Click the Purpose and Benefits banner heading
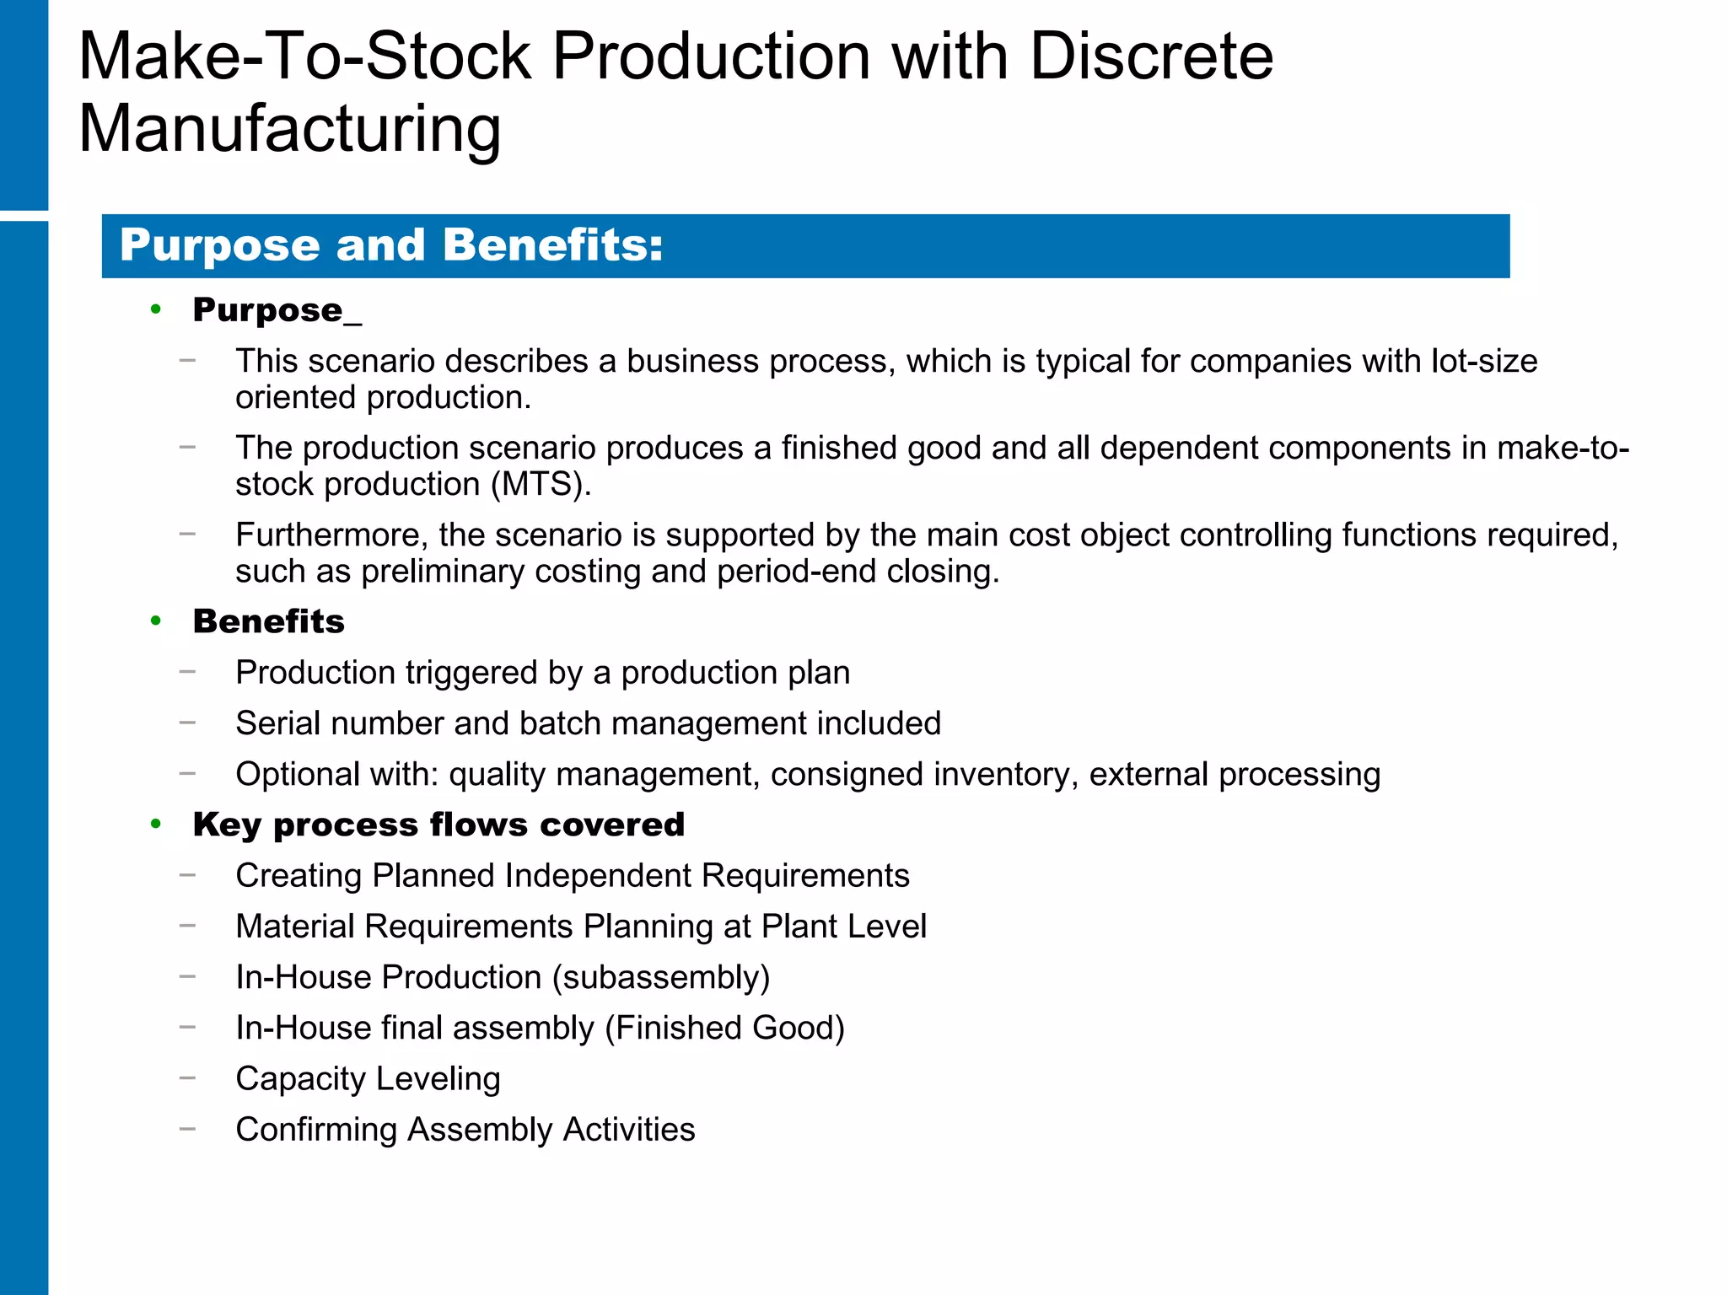coord(391,245)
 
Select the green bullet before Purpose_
coord(156,309)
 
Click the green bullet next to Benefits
coord(156,621)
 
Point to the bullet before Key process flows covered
coord(156,824)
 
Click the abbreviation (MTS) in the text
coord(541,485)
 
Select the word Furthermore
coord(331,535)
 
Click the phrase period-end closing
coord(858,572)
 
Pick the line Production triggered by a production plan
coord(542,673)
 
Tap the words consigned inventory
coord(923,774)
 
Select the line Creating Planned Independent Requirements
coord(572,876)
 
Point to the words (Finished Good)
coord(724,1028)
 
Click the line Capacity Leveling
coord(368,1079)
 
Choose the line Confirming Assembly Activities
coord(465,1130)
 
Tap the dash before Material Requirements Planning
coord(187,926)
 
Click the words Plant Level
coord(843,927)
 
